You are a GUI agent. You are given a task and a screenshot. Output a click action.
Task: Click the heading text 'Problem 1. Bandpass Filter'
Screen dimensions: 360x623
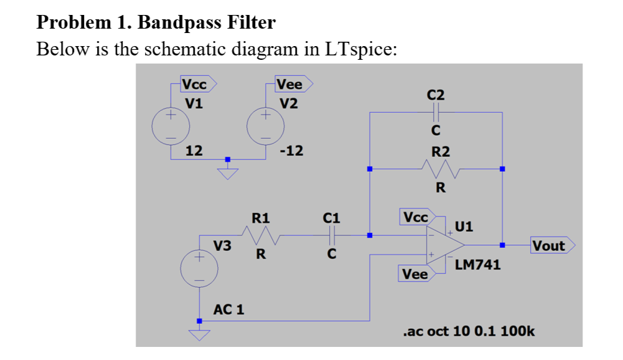156,22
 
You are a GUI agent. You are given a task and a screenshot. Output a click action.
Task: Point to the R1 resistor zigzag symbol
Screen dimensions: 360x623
261,235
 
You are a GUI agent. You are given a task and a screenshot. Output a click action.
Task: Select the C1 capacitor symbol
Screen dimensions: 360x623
332,235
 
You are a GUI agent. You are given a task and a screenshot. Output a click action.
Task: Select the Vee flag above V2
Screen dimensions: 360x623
293,83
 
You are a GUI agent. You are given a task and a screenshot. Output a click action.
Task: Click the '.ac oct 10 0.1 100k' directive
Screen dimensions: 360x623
469,331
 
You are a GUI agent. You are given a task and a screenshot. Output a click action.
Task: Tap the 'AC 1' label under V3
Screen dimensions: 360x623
229,310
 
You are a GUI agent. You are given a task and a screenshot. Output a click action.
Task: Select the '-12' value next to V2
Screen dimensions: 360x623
292,150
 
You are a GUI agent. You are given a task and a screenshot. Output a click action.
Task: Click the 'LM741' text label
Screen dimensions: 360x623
477,265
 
